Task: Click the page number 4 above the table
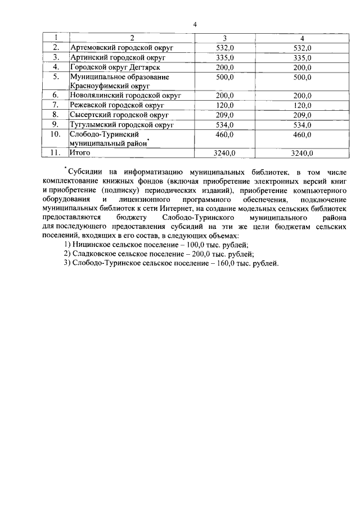coord(195,24)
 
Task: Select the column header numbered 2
coord(132,38)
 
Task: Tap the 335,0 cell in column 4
coord(302,57)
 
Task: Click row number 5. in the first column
coord(56,76)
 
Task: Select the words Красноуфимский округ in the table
coord(110,86)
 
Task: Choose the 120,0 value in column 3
coord(225,105)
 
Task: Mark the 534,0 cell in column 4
coord(302,124)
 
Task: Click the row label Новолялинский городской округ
coord(125,96)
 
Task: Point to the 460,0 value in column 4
coord(302,134)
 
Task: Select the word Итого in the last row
coord(80,152)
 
